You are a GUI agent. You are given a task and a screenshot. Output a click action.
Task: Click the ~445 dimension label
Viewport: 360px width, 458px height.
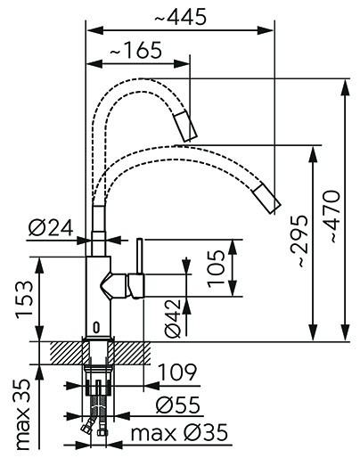pos(180,17)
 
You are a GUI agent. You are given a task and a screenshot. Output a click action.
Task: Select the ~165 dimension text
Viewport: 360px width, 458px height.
pos(136,50)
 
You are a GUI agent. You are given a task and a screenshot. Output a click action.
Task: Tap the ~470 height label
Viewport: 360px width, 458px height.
pos(331,217)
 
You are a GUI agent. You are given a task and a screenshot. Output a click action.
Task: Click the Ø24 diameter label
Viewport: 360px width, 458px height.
pos(51,228)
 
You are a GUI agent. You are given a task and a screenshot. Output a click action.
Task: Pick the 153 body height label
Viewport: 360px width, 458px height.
pos(24,299)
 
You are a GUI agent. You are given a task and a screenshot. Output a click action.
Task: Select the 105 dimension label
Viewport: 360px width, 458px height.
pos(216,268)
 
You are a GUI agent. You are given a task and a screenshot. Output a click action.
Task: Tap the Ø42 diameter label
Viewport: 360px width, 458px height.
pos(172,318)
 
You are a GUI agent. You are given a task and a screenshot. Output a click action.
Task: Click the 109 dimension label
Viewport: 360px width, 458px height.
pos(177,372)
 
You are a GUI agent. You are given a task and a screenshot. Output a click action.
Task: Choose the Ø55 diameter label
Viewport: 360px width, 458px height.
pos(178,405)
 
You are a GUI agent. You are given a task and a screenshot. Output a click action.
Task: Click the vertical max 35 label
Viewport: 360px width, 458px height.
pos(22,414)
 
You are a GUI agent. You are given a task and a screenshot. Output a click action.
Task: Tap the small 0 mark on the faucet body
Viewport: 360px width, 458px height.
pos(96,327)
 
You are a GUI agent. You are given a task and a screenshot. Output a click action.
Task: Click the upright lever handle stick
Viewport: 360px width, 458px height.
pos(140,256)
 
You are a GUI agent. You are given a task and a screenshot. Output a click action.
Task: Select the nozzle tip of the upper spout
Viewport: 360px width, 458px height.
pos(185,127)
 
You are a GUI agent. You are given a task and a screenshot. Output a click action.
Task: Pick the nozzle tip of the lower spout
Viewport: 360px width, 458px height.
pos(266,199)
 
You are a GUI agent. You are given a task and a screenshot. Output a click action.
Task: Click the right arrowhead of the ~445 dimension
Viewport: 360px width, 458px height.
pos(265,30)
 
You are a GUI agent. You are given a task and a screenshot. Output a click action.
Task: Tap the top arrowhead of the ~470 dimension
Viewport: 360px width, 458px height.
pos(346,87)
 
